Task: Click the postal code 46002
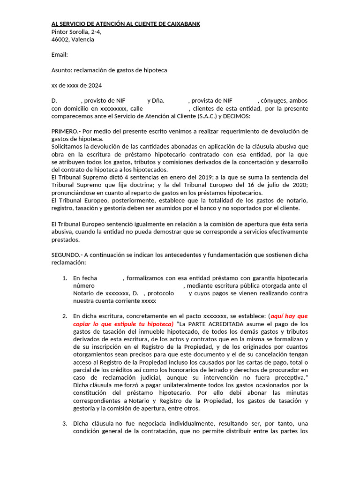60,39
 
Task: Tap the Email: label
60,55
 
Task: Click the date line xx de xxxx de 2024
76,86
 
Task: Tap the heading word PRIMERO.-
66,131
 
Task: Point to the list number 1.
65,278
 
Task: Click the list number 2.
65,316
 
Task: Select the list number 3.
65,424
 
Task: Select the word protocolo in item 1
163,293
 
